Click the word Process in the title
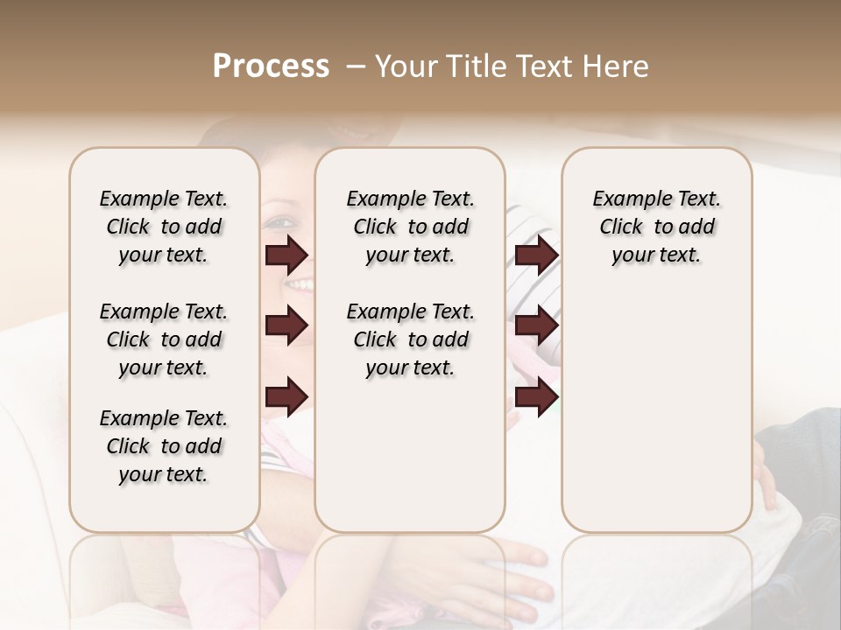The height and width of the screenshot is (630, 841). click(x=271, y=66)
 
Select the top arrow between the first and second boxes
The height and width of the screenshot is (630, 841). click(x=286, y=255)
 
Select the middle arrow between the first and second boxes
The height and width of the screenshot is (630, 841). click(x=286, y=325)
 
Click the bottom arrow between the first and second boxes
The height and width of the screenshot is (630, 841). click(x=286, y=396)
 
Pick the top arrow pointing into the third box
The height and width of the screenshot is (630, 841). click(x=536, y=255)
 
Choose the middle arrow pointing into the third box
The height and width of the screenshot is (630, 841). click(x=536, y=325)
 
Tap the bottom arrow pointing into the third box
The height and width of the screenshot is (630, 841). click(x=536, y=396)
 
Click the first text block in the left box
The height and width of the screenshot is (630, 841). click(x=164, y=227)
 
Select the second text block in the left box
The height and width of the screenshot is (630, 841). click(x=164, y=339)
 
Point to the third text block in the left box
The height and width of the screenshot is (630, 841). click(x=164, y=446)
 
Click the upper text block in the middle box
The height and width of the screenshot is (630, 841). click(x=410, y=227)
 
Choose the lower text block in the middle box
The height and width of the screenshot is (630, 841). click(x=410, y=339)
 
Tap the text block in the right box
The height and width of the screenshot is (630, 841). click(x=656, y=227)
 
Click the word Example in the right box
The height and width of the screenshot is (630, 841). click(x=625, y=199)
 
